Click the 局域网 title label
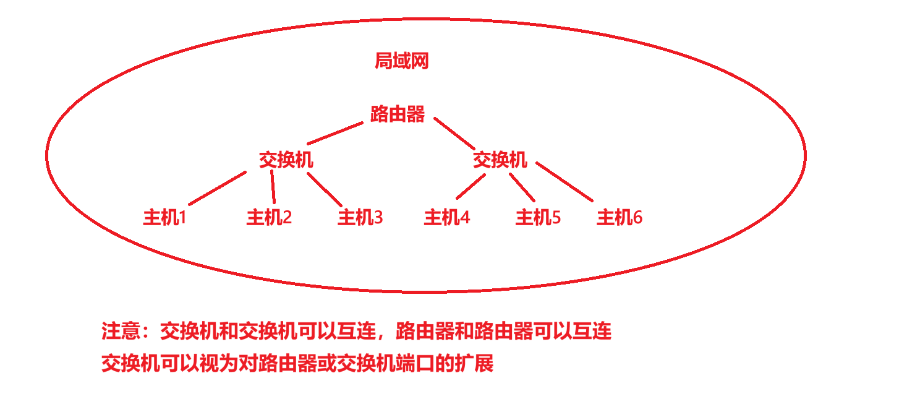point(401,61)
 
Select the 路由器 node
point(398,114)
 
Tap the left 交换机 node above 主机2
point(286,160)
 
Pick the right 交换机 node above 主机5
point(500,160)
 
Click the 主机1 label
point(164,218)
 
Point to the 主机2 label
point(269,218)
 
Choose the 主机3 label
point(360,218)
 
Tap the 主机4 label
point(446,218)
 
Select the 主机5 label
point(538,218)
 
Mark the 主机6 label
point(619,218)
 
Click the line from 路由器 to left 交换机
point(334,133)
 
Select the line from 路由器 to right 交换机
point(454,133)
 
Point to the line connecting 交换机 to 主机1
point(218,188)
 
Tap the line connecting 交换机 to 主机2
point(273,187)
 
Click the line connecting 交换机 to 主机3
point(324,189)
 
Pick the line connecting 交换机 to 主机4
point(471,186)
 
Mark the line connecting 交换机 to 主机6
point(564,182)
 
